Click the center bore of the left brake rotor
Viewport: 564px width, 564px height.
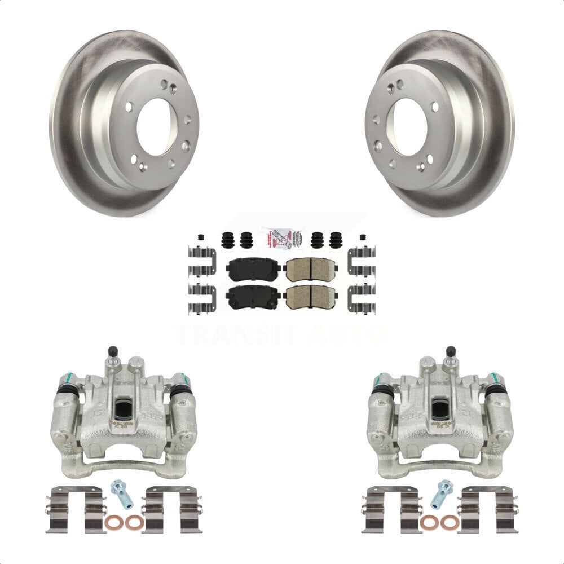(156, 127)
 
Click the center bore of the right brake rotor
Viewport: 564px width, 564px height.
(408, 127)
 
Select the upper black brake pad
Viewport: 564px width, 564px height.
(253, 268)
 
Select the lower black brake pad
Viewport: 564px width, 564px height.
(253, 296)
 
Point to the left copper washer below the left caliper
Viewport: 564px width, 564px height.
(112, 522)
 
